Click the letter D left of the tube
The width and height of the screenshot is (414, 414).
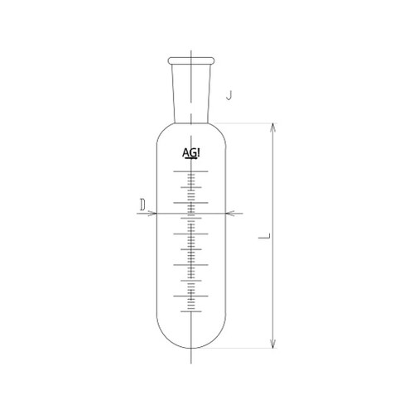pos(142,202)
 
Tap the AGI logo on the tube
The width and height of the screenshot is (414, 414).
pos(192,153)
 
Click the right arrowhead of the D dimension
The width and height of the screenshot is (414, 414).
pos(232,213)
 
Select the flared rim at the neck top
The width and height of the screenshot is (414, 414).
pos(192,60)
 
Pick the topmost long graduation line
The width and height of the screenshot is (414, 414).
pos(192,172)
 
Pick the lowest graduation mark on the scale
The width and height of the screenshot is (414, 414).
pos(192,309)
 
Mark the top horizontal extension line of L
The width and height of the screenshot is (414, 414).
pos(248,123)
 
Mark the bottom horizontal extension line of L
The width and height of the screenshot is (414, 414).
pos(248,349)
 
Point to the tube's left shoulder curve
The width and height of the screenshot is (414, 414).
pos(162,137)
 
